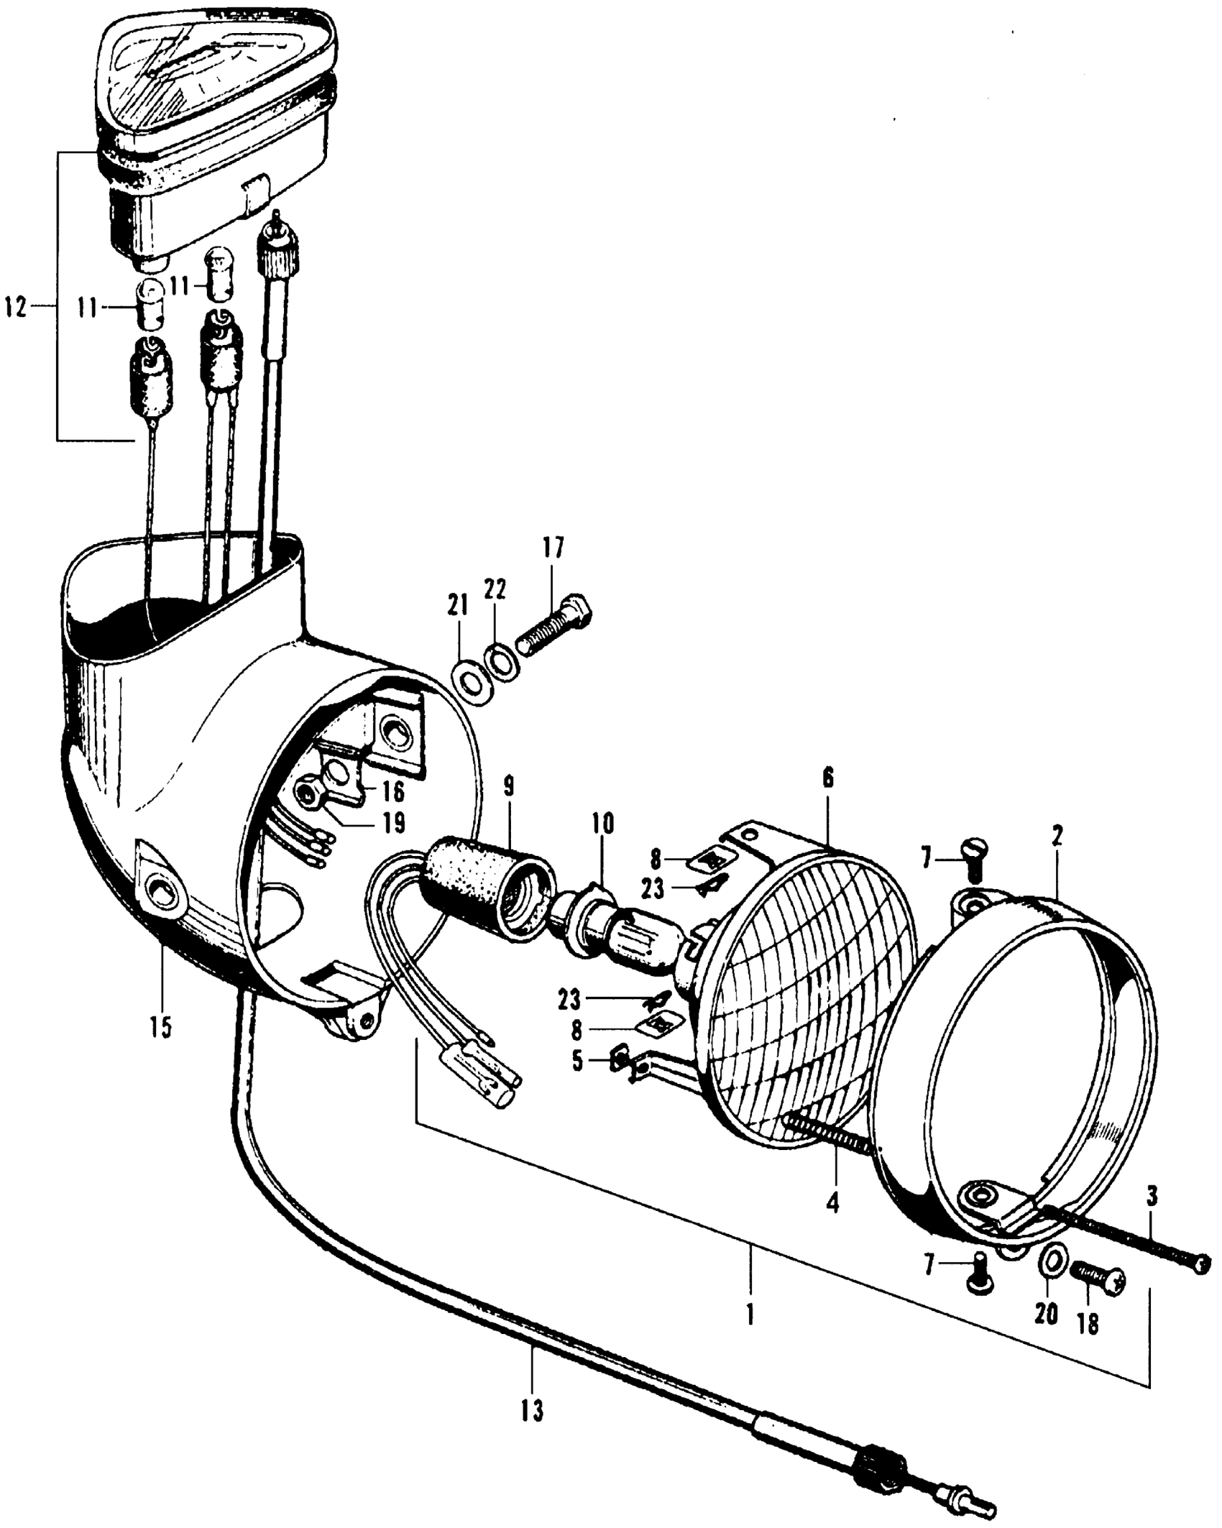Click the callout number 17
(554, 549)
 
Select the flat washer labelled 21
(469, 680)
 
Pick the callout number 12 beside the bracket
(16, 309)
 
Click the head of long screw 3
(1202, 1263)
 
